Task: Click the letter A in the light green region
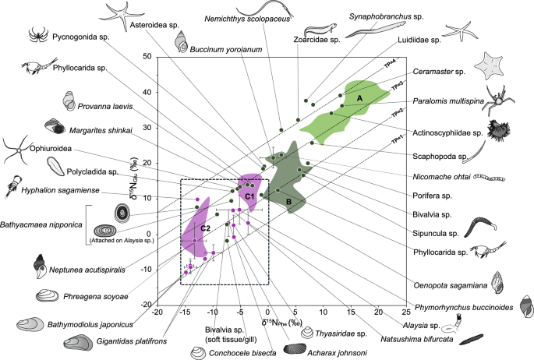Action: click(360, 98)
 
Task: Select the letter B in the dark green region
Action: click(289, 203)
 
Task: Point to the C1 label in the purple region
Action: click(250, 196)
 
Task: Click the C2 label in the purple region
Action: click(204, 228)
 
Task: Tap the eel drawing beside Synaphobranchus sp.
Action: click(370, 31)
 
